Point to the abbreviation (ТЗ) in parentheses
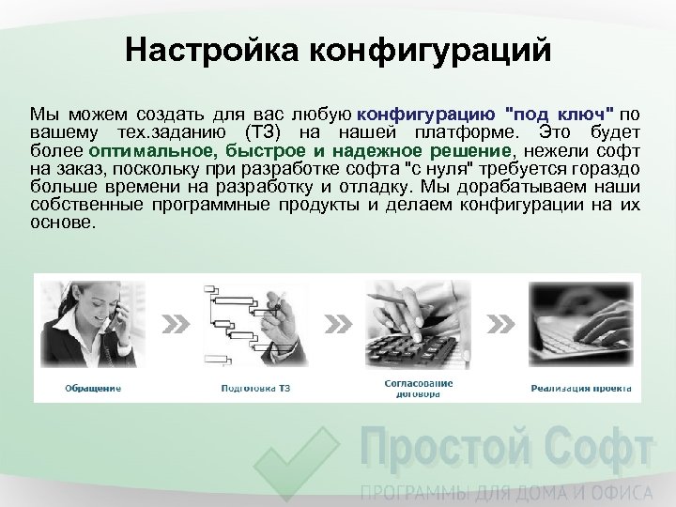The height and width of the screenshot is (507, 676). [x=265, y=131]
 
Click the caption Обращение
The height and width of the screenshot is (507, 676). [x=91, y=387]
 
